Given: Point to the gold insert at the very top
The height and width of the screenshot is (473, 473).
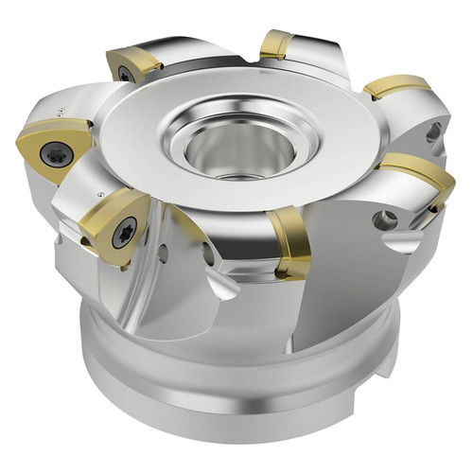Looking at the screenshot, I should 275,43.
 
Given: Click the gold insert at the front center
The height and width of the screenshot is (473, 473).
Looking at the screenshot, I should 290,243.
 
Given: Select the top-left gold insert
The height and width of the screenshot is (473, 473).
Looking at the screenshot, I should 132,63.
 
